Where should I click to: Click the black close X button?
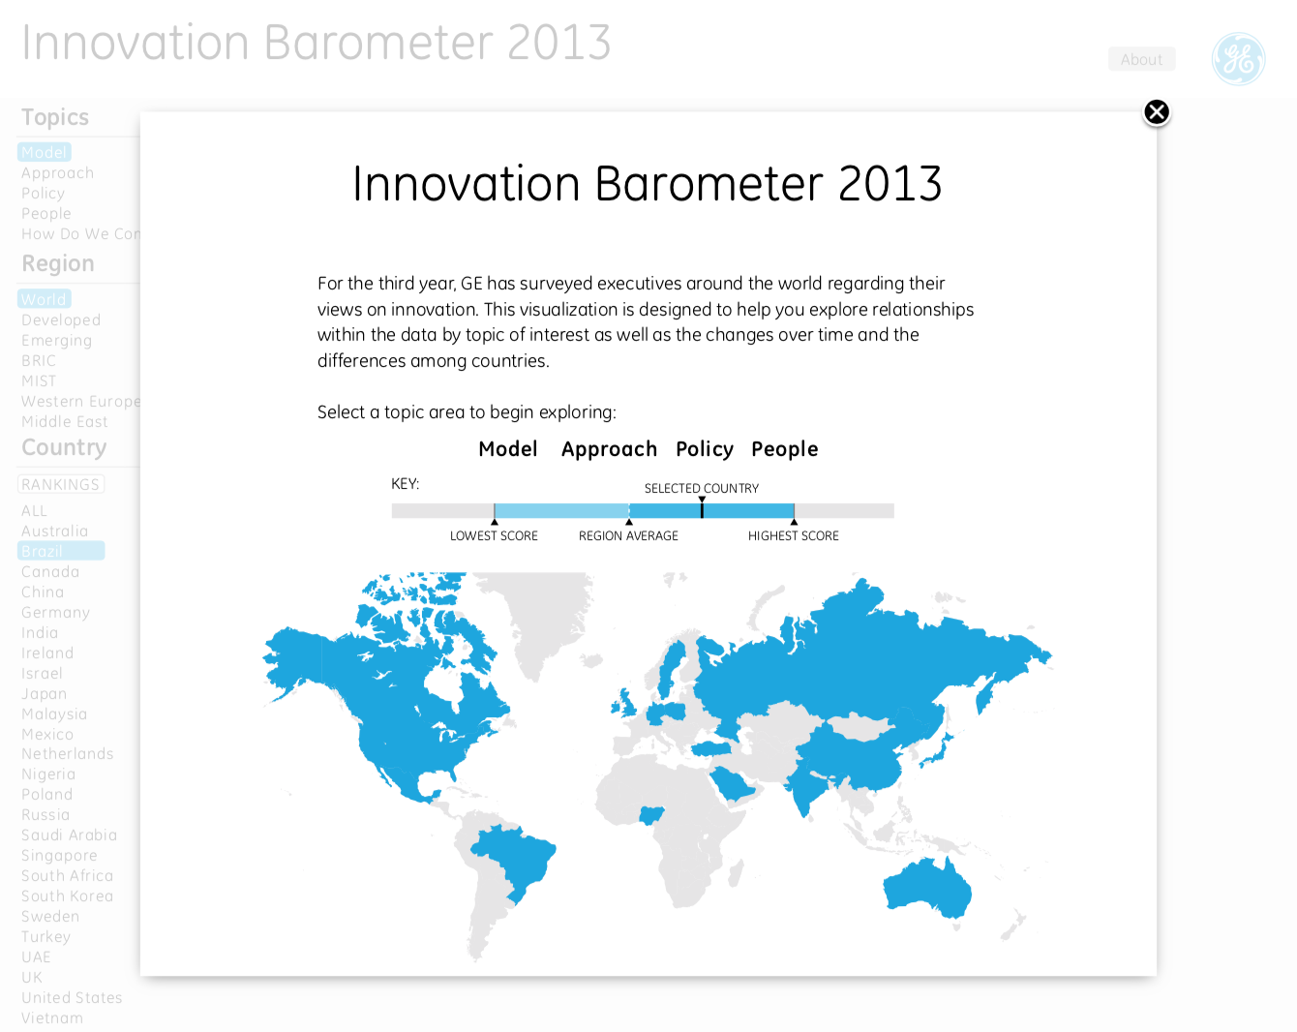point(1157,112)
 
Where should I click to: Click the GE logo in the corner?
point(1238,59)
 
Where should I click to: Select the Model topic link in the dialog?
point(508,449)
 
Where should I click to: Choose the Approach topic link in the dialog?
point(609,449)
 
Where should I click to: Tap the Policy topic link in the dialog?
point(705,449)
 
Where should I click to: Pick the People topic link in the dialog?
point(785,449)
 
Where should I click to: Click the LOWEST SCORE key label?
point(494,536)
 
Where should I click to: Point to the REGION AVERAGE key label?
point(628,536)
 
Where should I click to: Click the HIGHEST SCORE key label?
point(793,536)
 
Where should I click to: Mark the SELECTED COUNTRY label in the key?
point(702,489)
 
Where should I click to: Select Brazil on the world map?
point(513,857)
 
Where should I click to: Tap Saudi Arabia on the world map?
point(731,782)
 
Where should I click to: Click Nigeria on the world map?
point(652,815)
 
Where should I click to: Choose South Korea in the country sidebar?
point(67,896)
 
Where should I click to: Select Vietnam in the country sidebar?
point(52,1018)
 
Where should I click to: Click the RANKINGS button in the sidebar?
point(61,485)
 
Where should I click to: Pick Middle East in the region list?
point(65,422)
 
